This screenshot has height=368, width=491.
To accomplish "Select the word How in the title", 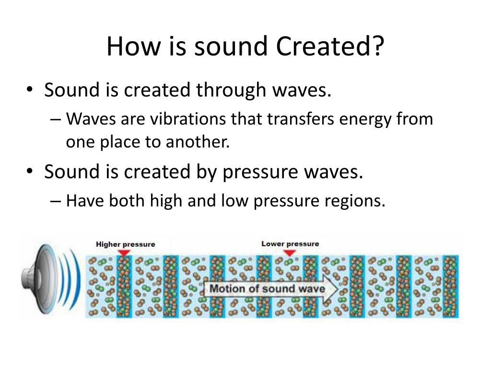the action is click(x=134, y=46).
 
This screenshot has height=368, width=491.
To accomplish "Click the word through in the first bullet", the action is click(x=231, y=90).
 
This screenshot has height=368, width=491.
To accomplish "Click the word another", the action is click(x=198, y=142).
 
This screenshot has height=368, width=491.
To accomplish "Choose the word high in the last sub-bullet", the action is click(x=166, y=201).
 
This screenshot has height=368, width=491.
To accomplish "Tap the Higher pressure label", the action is click(x=126, y=244).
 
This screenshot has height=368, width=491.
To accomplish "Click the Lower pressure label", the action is click(x=290, y=244).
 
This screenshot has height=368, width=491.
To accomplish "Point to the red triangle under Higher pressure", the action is click(x=124, y=252).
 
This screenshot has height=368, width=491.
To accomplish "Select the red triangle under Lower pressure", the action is click(x=290, y=253).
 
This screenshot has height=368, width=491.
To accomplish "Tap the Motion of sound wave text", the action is click(x=267, y=288).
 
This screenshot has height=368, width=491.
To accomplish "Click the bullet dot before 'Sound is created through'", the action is click(x=30, y=89).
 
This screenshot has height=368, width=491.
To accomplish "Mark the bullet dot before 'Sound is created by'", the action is click(x=30, y=171).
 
